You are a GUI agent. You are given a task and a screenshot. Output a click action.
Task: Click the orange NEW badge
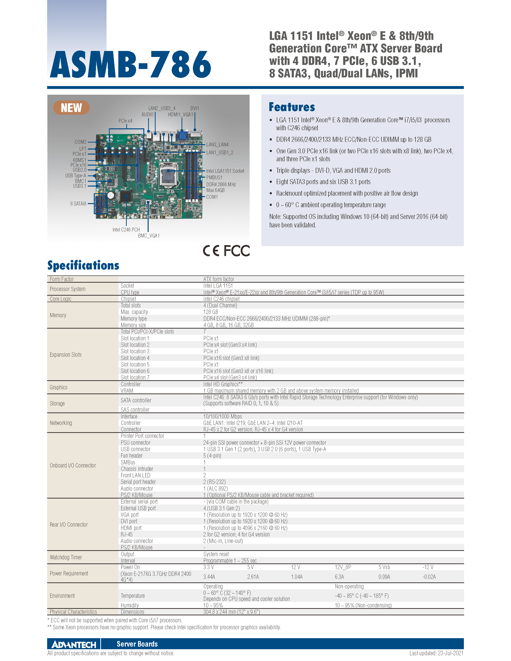pos(71,108)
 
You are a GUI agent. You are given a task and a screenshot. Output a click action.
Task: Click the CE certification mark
pos(211,251)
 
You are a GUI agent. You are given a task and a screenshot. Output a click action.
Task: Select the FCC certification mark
pos(237,251)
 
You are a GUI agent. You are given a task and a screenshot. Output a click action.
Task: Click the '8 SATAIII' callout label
pos(78,204)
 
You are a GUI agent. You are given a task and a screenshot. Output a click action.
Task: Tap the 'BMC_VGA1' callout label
pos(149,236)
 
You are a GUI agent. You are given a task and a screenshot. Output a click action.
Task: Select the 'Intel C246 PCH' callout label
pos(126,230)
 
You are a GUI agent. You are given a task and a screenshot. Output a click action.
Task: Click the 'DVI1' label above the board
pos(195,108)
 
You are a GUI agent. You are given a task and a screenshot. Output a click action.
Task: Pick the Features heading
pos(292,107)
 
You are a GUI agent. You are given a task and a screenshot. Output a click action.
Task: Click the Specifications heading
pos(83,265)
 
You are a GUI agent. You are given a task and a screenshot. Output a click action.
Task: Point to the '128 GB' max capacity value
pos(211,312)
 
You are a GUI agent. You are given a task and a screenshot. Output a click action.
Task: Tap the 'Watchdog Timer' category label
pos(66,557)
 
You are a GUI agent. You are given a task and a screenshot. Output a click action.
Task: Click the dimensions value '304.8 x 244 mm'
pos(232,612)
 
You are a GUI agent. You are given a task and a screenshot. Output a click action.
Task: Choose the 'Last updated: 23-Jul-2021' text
pos(436,653)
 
